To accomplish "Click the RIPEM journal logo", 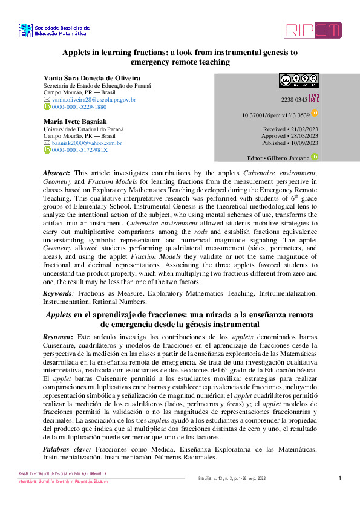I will pos(312,30).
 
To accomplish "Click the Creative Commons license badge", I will pos(298,80).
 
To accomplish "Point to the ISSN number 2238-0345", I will pos(293,99).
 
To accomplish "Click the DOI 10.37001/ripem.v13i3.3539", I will pos(276,114).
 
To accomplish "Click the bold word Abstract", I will pos(56,173).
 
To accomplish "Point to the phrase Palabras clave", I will pos(67,450).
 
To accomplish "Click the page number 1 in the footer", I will pos(340,479).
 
